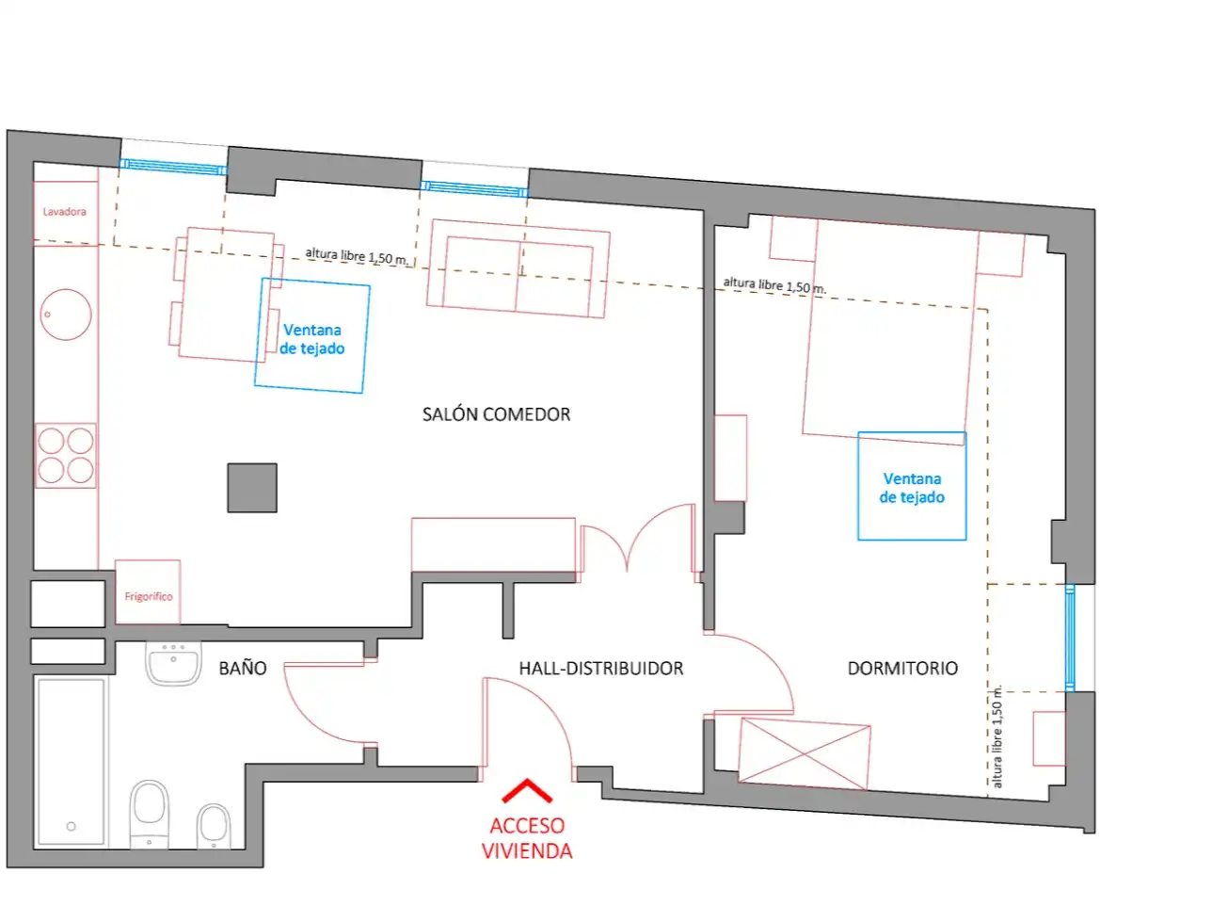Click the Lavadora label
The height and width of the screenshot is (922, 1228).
(64, 212)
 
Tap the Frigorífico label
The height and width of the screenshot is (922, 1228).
(149, 596)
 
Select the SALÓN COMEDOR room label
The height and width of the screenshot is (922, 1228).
(496, 414)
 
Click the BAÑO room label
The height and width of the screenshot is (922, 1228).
(242, 668)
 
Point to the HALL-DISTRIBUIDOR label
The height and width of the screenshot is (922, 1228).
(601, 669)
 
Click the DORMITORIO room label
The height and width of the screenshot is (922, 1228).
(902, 669)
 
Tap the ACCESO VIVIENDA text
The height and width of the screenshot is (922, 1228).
(526, 838)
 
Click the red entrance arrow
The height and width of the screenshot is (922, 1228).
(526, 790)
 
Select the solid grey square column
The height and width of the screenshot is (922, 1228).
(252, 488)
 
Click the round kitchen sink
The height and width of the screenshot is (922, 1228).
(66, 315)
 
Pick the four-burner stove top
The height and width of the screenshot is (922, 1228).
(66, 456)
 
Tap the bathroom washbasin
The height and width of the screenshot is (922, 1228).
(173, 663)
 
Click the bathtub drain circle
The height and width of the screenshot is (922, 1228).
(72, 826)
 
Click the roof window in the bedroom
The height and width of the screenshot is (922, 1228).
(912, 486)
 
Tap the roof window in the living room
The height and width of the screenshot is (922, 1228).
(312, 336)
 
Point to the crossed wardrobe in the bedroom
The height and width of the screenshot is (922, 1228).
(805, 754)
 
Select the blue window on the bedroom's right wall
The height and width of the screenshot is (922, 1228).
(1070, 639)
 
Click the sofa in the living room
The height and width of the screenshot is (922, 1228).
(518, 268)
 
